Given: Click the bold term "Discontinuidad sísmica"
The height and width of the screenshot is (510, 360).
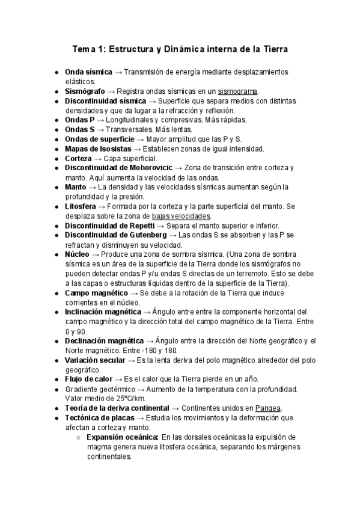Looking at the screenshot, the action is pyautogui.click(x=105, y=100).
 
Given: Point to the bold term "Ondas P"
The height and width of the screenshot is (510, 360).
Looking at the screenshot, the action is pyautogui.click(x=79, y=120).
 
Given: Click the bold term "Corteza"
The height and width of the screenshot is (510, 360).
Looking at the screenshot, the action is pyautogui.click(x=78, y=158).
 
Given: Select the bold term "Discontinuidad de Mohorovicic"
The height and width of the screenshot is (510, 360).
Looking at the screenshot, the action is pyautogui.click(x=118, y=168).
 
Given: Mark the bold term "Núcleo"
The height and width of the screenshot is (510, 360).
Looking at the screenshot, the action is pyautogui.click(x=77, y=254).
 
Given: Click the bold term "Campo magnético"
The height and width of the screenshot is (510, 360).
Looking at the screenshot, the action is pyautogui.click(x=96, y=293).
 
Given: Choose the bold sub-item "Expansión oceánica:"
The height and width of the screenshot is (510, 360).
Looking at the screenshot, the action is pyautogui.click(x=123, y=437).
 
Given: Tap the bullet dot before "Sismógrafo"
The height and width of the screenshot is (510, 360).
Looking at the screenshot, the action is pyautogui.click(x=55, y=91).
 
